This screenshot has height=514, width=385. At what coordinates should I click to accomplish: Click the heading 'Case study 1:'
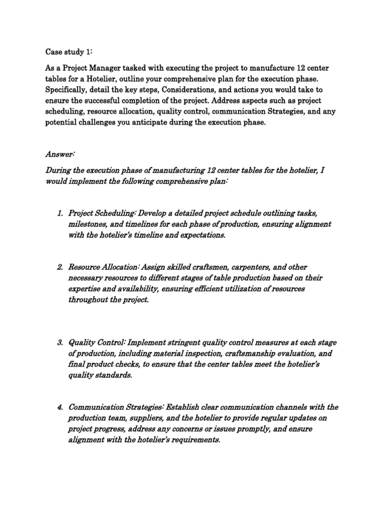(67, 51)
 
